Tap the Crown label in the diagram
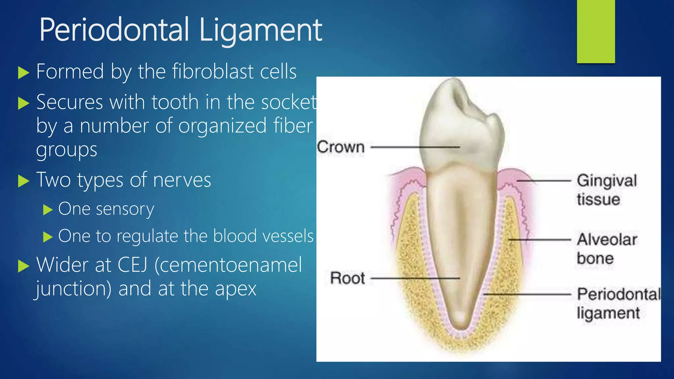click(341, 147)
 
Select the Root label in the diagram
click(347, 278)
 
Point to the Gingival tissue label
click(606, 190)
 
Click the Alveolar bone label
click(606, 249)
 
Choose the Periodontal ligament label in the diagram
click(618, 303)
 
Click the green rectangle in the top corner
click(596, 31)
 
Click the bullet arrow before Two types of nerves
click(23, 181)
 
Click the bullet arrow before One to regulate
click(48, 237)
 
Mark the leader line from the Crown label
click(415, 147)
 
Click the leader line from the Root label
click(415, 278)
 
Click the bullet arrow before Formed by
click(23, 73)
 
